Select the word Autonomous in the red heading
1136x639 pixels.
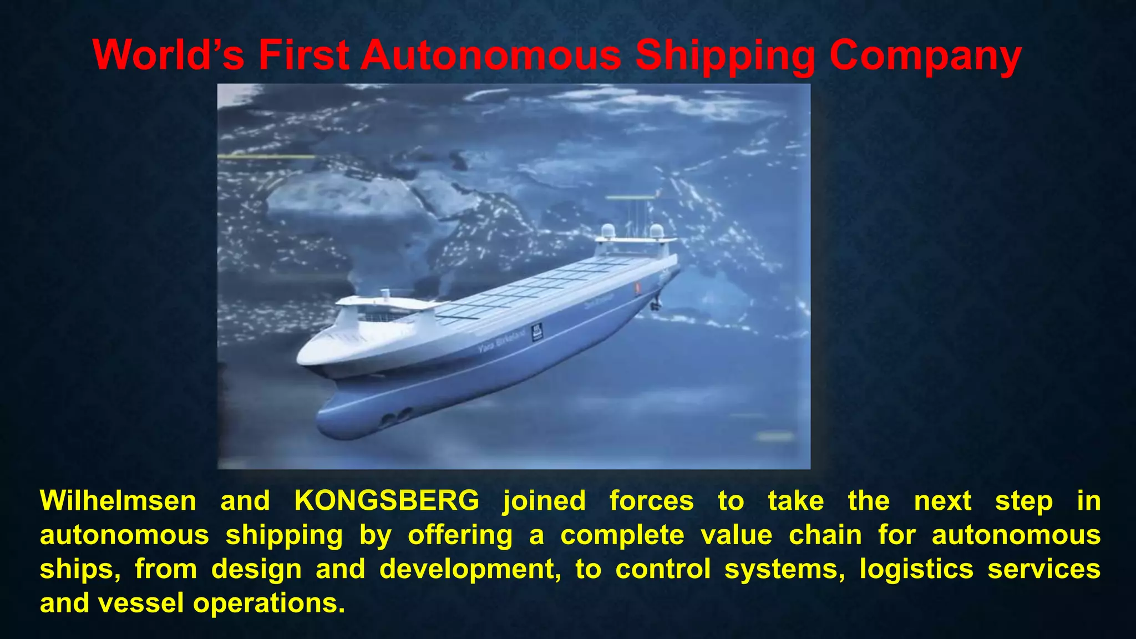491,55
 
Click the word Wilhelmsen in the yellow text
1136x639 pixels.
118,501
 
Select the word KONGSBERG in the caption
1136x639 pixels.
387,501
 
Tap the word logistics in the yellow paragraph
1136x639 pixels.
916,569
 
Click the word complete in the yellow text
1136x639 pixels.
622,536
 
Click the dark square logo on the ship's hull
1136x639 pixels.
537,332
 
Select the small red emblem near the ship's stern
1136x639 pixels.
638,287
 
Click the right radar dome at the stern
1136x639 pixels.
656,230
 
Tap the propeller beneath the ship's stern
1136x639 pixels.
656,304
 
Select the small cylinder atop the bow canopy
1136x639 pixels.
384,293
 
